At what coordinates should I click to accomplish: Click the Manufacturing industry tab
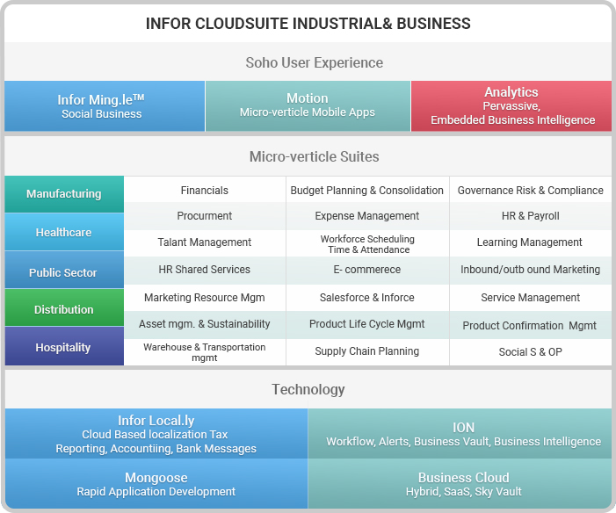pyautogui.click(x=64, y=194)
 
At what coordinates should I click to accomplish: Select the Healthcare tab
pyautogui.click(x=64, y=232)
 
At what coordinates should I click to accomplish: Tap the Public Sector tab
pyautogui.click(x=64, y=270)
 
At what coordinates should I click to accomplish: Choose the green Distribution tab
pyautogui.click(x=64, y=307)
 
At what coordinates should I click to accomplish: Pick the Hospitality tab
pyautogui.click(x=64, y=346)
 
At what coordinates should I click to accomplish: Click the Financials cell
pyautogui.click(x=205, y=190)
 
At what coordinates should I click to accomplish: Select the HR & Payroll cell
pyautogui.click(x=531, y=215)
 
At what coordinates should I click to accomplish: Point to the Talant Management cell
pyautogui.click(x=205, y=242)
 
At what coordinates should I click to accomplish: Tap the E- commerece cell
pyautogui.click(x=367, y=270)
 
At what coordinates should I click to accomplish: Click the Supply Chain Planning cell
pyautogui.click(x=367, y=351)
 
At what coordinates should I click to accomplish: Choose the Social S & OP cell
pyautogui.click(x=531, y=352)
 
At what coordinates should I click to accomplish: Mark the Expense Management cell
pyautogui.click(x=367, y=215)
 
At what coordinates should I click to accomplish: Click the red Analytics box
pyautogui.click(x=511, y=106)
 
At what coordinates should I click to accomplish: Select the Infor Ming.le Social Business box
pyautogui.click(x=105, y=106)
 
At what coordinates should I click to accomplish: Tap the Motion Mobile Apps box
pyautogui.click(x=308, y=106)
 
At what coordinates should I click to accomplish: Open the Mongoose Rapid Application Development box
pyautogui.click(x=156, y=484)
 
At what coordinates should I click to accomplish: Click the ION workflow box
pyautogui.click(x=460, y=434)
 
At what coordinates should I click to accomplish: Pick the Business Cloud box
pyautogui.click(x=460, y=484)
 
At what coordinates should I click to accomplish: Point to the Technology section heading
pyautogui.click(x=308, y=389)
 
